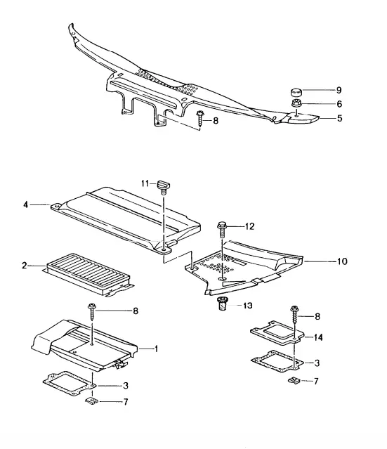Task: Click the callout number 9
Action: coord(339,90)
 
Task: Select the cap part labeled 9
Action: coord(296,93)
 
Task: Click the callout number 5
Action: coord(339,118)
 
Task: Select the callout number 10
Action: coord(342,261)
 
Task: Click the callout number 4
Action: coord(26,204)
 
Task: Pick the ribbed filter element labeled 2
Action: coord(88,274)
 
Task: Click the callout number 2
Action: coord(25,266)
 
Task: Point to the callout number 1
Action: coord(156,349)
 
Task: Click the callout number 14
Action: coord(317,337)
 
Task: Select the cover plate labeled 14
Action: coord(277,332)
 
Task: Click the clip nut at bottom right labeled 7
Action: coord(294,380)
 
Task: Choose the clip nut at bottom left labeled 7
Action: coord(91,401)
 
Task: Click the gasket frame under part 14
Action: coord(277,361)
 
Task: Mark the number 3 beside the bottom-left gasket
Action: coord(126,386)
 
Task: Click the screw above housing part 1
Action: coord(92,311)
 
